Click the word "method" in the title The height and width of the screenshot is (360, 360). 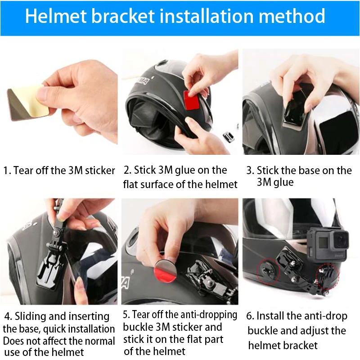coord(291,16)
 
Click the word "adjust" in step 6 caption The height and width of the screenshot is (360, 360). coord(317,331)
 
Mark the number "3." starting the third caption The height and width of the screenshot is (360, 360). coord(250,171)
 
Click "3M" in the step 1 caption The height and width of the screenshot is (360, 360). coord(76,171)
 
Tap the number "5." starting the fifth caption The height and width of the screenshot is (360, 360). coord(126,314)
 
